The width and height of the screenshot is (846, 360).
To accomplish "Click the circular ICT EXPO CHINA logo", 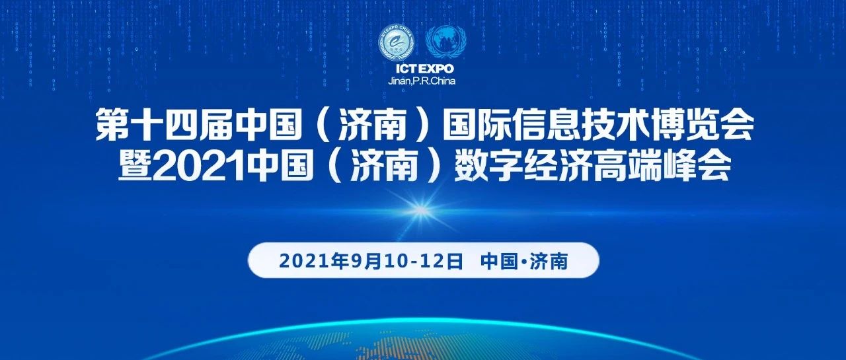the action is click(396, 42).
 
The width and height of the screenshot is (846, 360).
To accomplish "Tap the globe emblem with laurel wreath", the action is click(446, 42).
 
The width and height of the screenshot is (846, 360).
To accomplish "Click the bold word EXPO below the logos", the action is click(437, 69).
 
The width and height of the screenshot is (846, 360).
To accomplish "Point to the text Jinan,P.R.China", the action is click(422, 81).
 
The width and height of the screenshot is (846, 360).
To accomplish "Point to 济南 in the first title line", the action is click(373, 125).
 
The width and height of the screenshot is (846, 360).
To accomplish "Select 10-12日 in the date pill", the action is click(424, 261).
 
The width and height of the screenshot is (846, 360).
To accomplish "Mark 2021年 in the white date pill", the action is click(314, 261).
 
